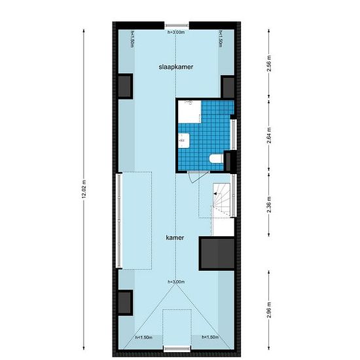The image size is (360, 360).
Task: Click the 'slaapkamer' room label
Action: pos(174,67)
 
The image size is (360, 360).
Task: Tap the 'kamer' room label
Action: pos(174,238)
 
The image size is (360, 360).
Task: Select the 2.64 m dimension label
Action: pos(270,136)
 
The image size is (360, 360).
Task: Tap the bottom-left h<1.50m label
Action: pos(143,337)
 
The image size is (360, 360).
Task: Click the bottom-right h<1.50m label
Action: pos(209,337)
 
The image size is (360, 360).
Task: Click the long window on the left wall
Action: pos(118,219)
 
